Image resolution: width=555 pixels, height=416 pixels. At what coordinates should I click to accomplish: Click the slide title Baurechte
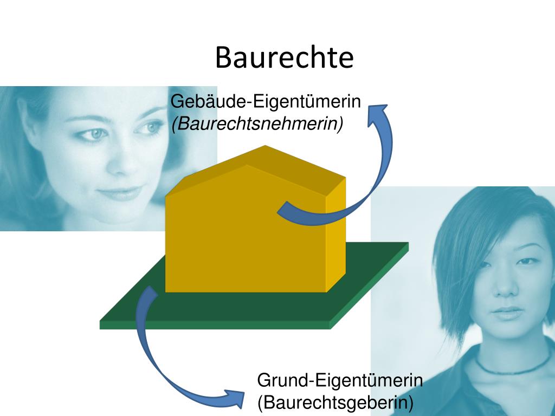coord(284,57)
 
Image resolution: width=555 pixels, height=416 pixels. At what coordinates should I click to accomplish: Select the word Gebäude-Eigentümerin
coord(266,102)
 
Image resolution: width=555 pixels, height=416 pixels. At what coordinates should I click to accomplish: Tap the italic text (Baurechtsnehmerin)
coord(257,124)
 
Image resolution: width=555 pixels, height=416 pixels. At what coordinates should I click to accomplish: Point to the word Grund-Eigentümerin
coord(340,380)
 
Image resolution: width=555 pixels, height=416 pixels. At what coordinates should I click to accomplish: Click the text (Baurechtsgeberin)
coord(335,402)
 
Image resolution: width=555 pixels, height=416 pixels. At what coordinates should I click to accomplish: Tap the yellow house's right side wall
coord(335,238)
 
